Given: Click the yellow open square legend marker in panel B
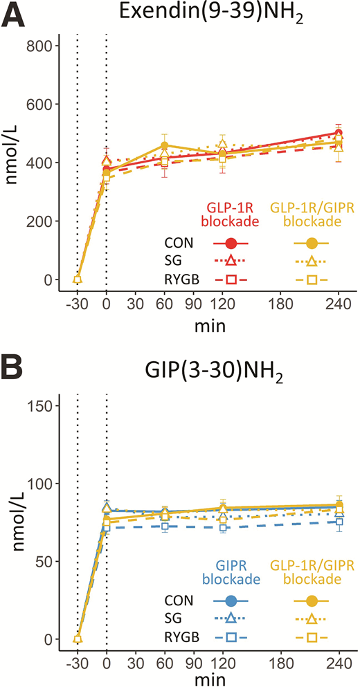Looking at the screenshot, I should click(312, 637).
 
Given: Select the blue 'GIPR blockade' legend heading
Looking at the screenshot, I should click(231, 571).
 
